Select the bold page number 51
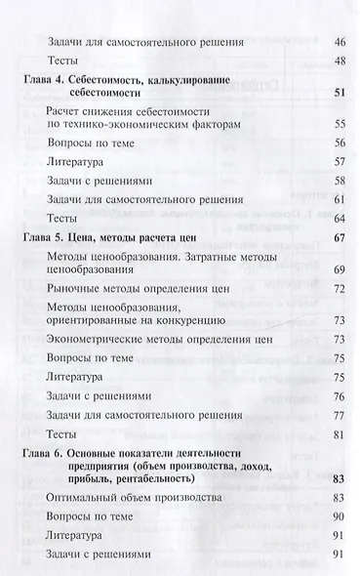pyautogui.click(x=340, y=93)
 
